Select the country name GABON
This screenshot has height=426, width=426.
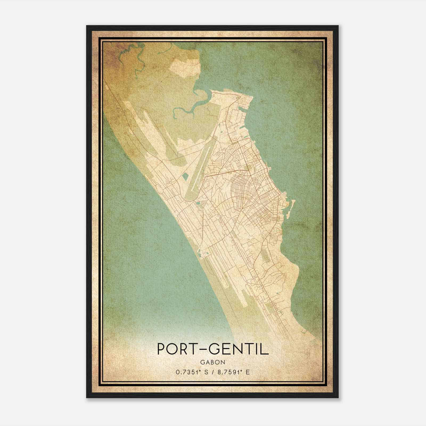[x=213, y=362]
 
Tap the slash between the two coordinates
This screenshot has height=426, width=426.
[x=213, y=372]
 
